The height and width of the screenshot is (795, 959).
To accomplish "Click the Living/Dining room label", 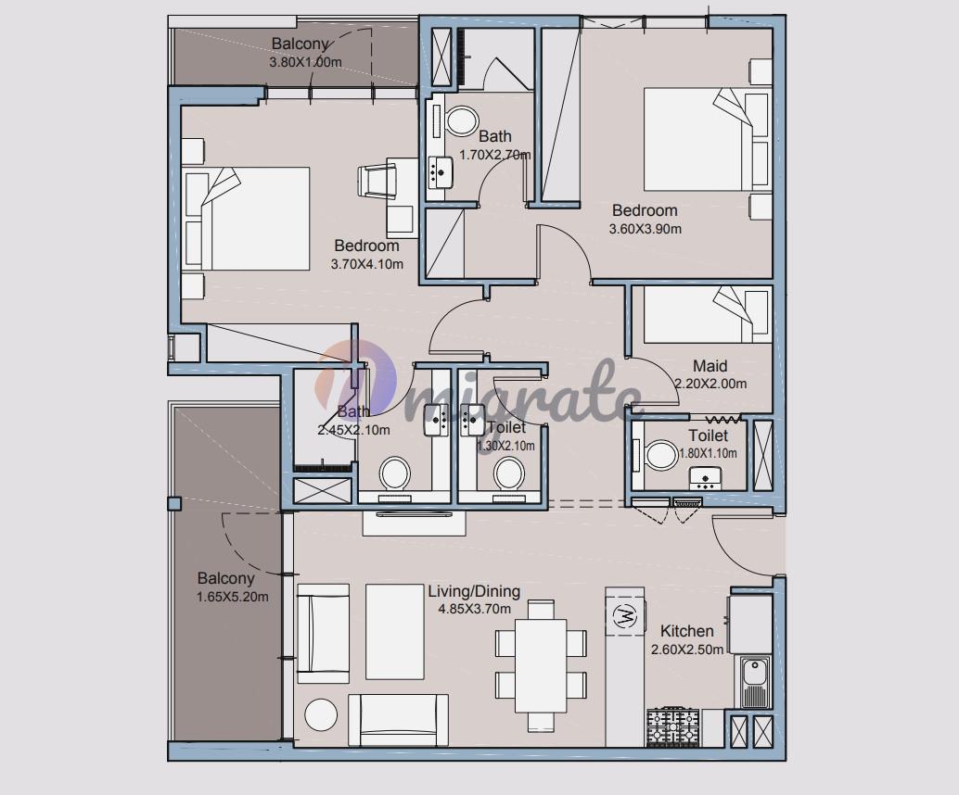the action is click(x=474, y=591).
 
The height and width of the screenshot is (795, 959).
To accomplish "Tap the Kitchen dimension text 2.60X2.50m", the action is click(x=687, y=650).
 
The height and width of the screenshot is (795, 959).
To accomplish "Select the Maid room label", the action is click(x=710, y=366).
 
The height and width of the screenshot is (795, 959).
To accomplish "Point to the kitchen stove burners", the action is click(x=673, y=727).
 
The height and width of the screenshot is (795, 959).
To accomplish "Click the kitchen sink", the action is click(x=755, y=680).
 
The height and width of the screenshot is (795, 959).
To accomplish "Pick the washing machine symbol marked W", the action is click(x=624, y=616).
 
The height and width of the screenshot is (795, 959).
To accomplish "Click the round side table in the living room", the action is click(x=321, y=715).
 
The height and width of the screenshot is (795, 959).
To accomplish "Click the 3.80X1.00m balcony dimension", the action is click(x=305, y=62).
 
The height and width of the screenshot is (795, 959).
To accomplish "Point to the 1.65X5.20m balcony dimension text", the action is click(x=233, y=597).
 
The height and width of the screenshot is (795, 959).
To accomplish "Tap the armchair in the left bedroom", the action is click(x=377, y=181).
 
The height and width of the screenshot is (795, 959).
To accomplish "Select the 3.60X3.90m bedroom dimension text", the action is click(x=646, y=229).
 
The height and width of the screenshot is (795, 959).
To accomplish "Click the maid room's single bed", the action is click(x=705, y=315).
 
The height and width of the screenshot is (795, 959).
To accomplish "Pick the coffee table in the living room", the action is click(x=395, y=632).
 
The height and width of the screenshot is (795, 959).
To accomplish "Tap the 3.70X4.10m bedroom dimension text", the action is click(x=367, y=265).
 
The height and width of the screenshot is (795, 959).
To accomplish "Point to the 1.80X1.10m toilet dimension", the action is click(x=709, y=453).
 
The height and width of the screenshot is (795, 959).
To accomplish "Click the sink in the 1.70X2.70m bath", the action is click(x=441, y=171).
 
